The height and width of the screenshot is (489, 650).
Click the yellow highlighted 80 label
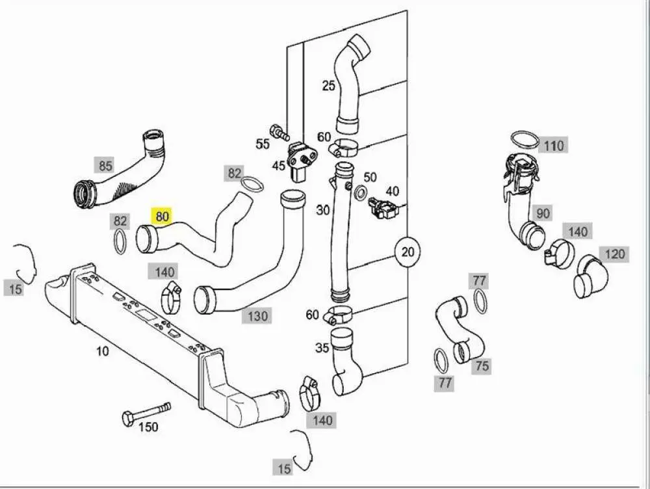coord(162,216)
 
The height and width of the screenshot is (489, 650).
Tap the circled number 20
coord(408,252)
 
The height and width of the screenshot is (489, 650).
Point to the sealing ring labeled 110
coord(525,140)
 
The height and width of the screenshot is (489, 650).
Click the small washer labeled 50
coord(361,192)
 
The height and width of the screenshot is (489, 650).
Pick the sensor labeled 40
coord(383,208)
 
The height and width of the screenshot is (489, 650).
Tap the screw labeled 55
coord(279,131)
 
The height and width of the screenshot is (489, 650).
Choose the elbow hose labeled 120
coord(591,276)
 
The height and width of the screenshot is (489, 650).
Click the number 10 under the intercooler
coord(103,351)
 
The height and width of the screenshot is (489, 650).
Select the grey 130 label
coord(257,316)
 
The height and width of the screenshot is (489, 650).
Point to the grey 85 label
coord(105,165)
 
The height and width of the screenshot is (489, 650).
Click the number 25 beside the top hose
coord(328,86)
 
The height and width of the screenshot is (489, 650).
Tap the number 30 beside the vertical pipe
coord(323,210)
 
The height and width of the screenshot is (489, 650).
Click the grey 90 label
coord(543,213)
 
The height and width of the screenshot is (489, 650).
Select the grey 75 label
coord(482,366)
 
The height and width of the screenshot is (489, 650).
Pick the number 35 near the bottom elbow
coord(322,348)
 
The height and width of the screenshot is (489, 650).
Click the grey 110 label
coord(554,146)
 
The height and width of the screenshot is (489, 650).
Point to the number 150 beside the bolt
coord(148,427)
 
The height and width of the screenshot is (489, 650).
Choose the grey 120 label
coord(615,254)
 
